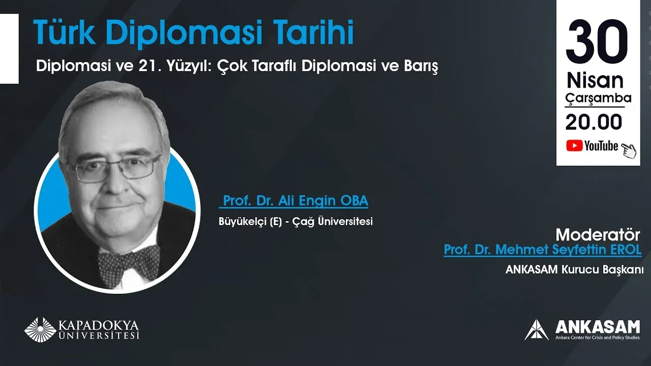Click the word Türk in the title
click(x=65, y=32)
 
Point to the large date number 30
click(x=597, y=40)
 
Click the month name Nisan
click(x=595, y=80)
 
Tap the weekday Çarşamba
click(x=599, y=98)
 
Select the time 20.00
click(x=594, y=122)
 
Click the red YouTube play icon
click(x=574, y=145)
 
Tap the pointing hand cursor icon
click(x=629, y=150)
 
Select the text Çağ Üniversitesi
click(x=333, y=221)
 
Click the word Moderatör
click(x=598, y=235)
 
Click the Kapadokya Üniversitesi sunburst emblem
click(x=40, y=329)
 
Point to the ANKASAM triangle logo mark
click(x=537, y=330)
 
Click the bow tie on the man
click(x=129, y=265)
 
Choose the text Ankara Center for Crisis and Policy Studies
click(x=598, y=338)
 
